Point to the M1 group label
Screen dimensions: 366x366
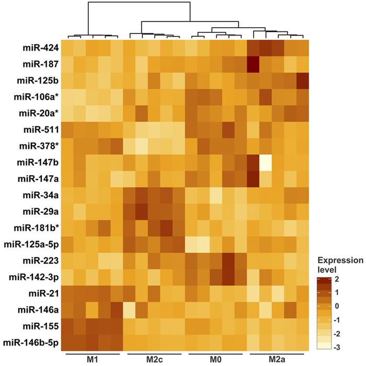tap(94, 360)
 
